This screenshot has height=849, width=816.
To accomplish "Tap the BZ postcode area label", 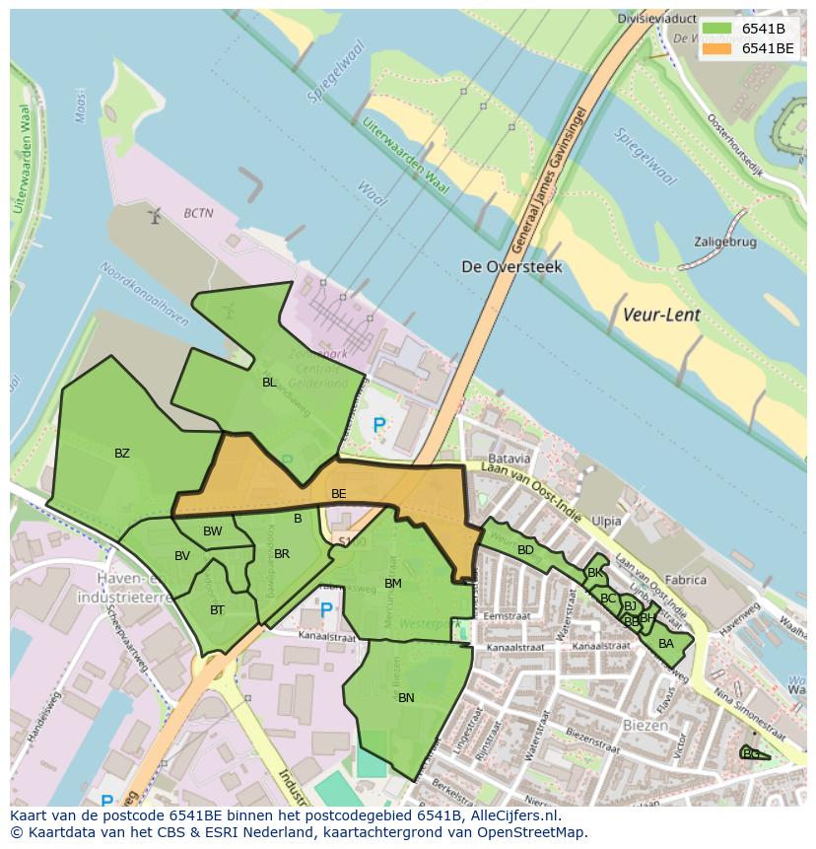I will [x=121, y=454].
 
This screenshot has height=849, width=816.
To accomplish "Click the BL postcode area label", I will [x=269, y=382].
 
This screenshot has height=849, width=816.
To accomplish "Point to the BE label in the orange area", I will [x=338, y=493].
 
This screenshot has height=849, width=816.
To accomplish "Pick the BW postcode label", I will [x=212, y=531].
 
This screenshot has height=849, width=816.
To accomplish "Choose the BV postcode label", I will [x=182, y=556].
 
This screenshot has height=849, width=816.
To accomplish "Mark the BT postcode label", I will [x=217, y=610].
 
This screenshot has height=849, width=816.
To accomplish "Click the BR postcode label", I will [x=282, y=554].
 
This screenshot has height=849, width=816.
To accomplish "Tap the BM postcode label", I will [x=392, y=584].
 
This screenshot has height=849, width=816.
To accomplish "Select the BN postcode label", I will [x=406, y=697].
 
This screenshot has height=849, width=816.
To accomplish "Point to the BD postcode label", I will [x=525, y=550].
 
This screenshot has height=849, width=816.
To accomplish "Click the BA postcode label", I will [x=666, y=644].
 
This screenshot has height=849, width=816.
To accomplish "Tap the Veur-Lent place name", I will [x=661, y=316].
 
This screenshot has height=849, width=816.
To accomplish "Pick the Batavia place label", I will [x=510, y=459].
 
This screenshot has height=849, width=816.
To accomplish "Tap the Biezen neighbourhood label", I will [x=645, y=725].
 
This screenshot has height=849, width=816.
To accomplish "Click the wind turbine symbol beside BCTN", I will [x=154, y=214].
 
